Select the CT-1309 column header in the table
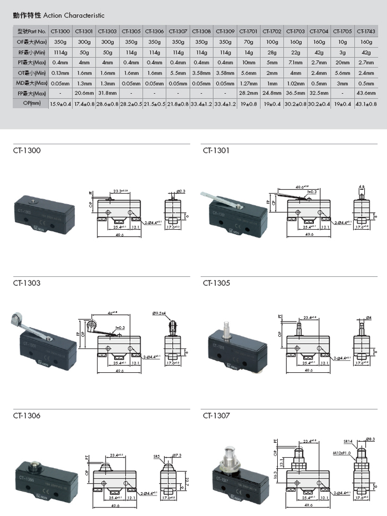[226, 31]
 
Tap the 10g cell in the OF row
[342, 42]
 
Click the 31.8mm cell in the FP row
[108, 93]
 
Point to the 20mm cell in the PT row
[342, 62]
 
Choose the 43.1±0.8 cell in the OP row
[366, 103]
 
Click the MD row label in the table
[31, 83]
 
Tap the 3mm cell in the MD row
[342, 83]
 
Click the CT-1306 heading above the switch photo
[27, 416]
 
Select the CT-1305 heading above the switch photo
[216, 283]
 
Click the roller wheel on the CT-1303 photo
[14, 320]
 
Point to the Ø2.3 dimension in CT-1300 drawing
[181, 191]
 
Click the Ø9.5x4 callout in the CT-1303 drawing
[159, 313]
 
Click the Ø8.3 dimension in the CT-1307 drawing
[371, 439]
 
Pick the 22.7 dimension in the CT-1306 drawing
[188, 482]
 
